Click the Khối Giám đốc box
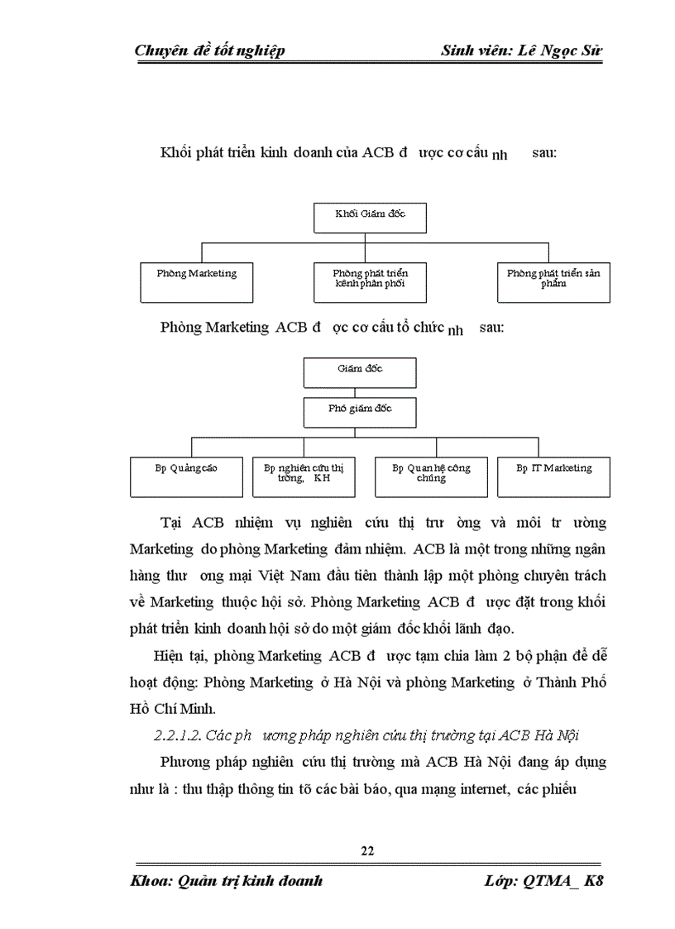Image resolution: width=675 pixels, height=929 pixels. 370,217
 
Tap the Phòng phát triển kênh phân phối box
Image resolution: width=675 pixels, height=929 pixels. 370,282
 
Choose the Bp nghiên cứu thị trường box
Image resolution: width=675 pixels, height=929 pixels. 304,476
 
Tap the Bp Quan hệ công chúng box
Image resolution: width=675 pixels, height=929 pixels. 430,476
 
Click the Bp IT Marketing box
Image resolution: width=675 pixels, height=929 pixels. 553,476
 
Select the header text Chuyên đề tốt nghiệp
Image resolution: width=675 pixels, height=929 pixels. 209,51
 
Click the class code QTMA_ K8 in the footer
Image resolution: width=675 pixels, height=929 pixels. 563,881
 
